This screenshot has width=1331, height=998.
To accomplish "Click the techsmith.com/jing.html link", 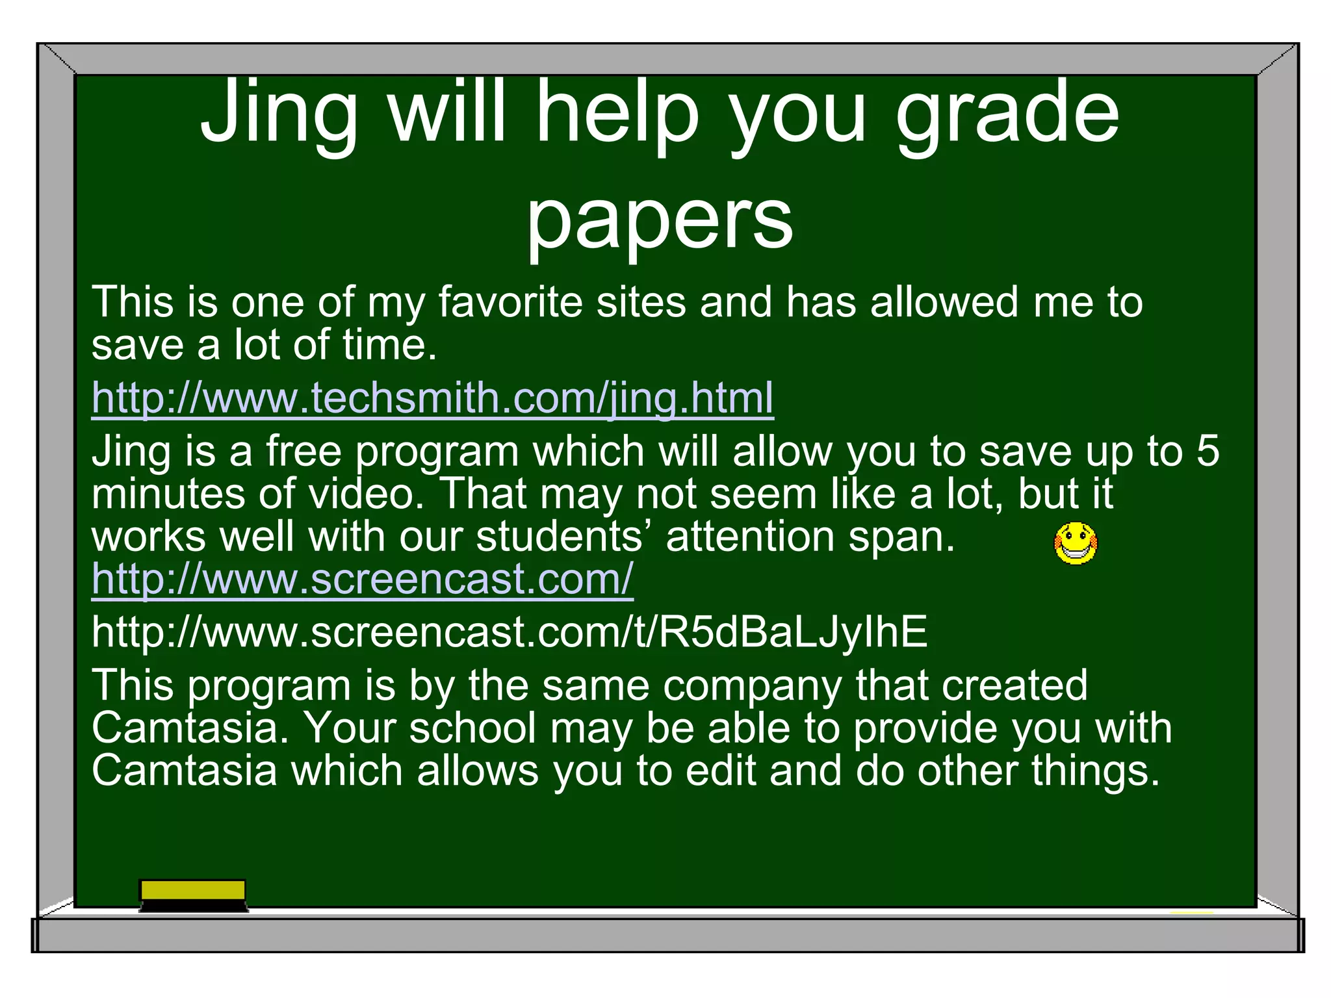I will coord(432,398).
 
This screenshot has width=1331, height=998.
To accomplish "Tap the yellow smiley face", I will coord(1076,543).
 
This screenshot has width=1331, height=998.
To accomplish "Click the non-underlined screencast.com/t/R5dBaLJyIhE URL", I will coord(510,632).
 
